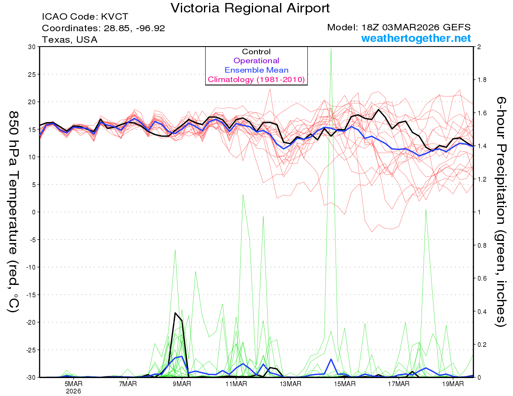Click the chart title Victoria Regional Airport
[250, 8]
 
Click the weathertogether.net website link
[416, 38]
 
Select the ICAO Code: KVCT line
[85, 17]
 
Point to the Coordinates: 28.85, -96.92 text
[103, 28]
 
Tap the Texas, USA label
[70, 40]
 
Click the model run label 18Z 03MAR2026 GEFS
[399, 27]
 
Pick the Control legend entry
[256, 52]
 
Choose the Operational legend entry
[256, 61]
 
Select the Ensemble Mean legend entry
[256, 70]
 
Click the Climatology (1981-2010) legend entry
[256, 79]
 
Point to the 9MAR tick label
[182, 384]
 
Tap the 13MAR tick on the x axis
[290, 384]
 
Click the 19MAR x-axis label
[453, 384]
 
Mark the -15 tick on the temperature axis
[31, 295]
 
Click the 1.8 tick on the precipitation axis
[482, 80]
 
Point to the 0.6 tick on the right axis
[482, 279]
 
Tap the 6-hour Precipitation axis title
[501, 211]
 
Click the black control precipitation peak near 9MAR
[175, 313]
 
